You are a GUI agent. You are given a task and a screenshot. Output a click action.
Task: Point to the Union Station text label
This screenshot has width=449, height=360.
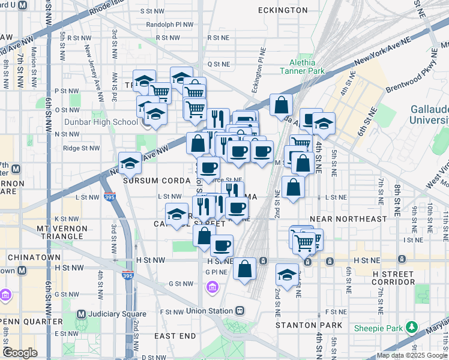(209, 311)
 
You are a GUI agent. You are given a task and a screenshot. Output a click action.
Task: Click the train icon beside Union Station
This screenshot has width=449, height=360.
(240, 311)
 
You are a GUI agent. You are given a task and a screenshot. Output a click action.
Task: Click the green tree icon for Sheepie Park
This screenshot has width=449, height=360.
(412, 328)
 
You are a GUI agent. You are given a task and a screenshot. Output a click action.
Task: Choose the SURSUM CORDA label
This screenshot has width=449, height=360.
(148, 180)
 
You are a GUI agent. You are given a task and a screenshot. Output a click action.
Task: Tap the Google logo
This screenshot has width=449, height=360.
(20, 352)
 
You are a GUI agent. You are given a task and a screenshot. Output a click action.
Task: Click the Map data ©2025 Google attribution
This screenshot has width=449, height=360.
(412, 355)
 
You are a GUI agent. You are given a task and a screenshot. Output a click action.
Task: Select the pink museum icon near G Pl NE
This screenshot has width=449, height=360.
(211, 289)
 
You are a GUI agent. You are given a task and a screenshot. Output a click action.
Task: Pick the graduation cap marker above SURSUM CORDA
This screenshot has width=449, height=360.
(130, 163)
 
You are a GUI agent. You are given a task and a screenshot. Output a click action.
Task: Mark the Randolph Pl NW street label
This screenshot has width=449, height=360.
(170, 25)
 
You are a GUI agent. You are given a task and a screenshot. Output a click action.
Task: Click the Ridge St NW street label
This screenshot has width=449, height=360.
(80, 148)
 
